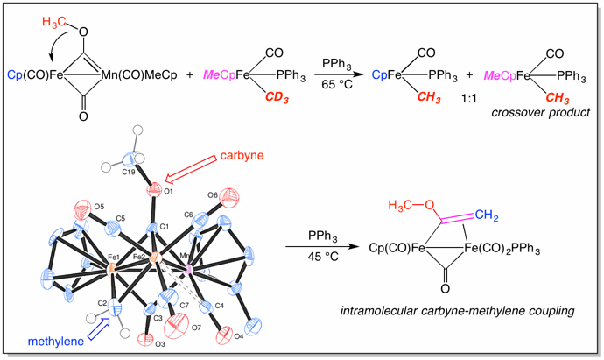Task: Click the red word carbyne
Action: [x=242, y=155]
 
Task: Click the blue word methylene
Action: [x=56, y=341]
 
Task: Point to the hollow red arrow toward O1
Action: [x=190, y=169]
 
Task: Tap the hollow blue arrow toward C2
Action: [x=99, y=328]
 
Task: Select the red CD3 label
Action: [x=277, y=98]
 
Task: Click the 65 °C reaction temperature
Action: [x=337, y=84]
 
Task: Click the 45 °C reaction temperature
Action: [x=323, y=256]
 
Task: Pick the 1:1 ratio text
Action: [x=469, y=99]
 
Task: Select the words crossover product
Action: [x=540, y=112]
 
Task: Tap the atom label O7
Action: [x=196, y=328]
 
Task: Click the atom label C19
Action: [x=129, y=172]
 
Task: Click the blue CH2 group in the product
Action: [x=487, y=215]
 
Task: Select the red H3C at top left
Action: [x=53, y=22]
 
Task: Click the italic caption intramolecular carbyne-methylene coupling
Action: [x=457, y=311]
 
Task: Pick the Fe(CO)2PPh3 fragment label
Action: [x=502, y=248]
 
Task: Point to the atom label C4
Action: [x=219, y=306]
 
